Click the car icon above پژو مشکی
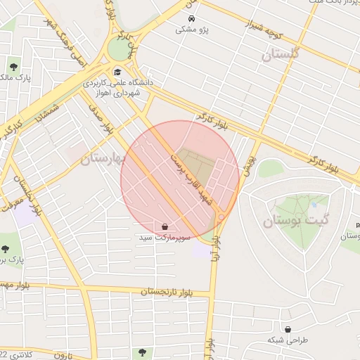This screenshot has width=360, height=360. tap(192, 18)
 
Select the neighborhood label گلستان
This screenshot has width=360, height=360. tap(280, 55)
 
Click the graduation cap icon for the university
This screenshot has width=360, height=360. tap(117, 72)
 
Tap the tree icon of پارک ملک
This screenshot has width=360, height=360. tap(14, 67)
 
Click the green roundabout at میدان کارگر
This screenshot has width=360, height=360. tap(119, 49)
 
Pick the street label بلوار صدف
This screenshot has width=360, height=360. tap(100, 120)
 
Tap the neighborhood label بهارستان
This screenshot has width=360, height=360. tap(102, 159)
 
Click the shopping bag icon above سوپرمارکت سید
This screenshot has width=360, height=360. tap(165, 227)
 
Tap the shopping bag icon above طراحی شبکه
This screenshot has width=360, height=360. tap(288, 328)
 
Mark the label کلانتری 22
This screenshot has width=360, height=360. tap(14, 354)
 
